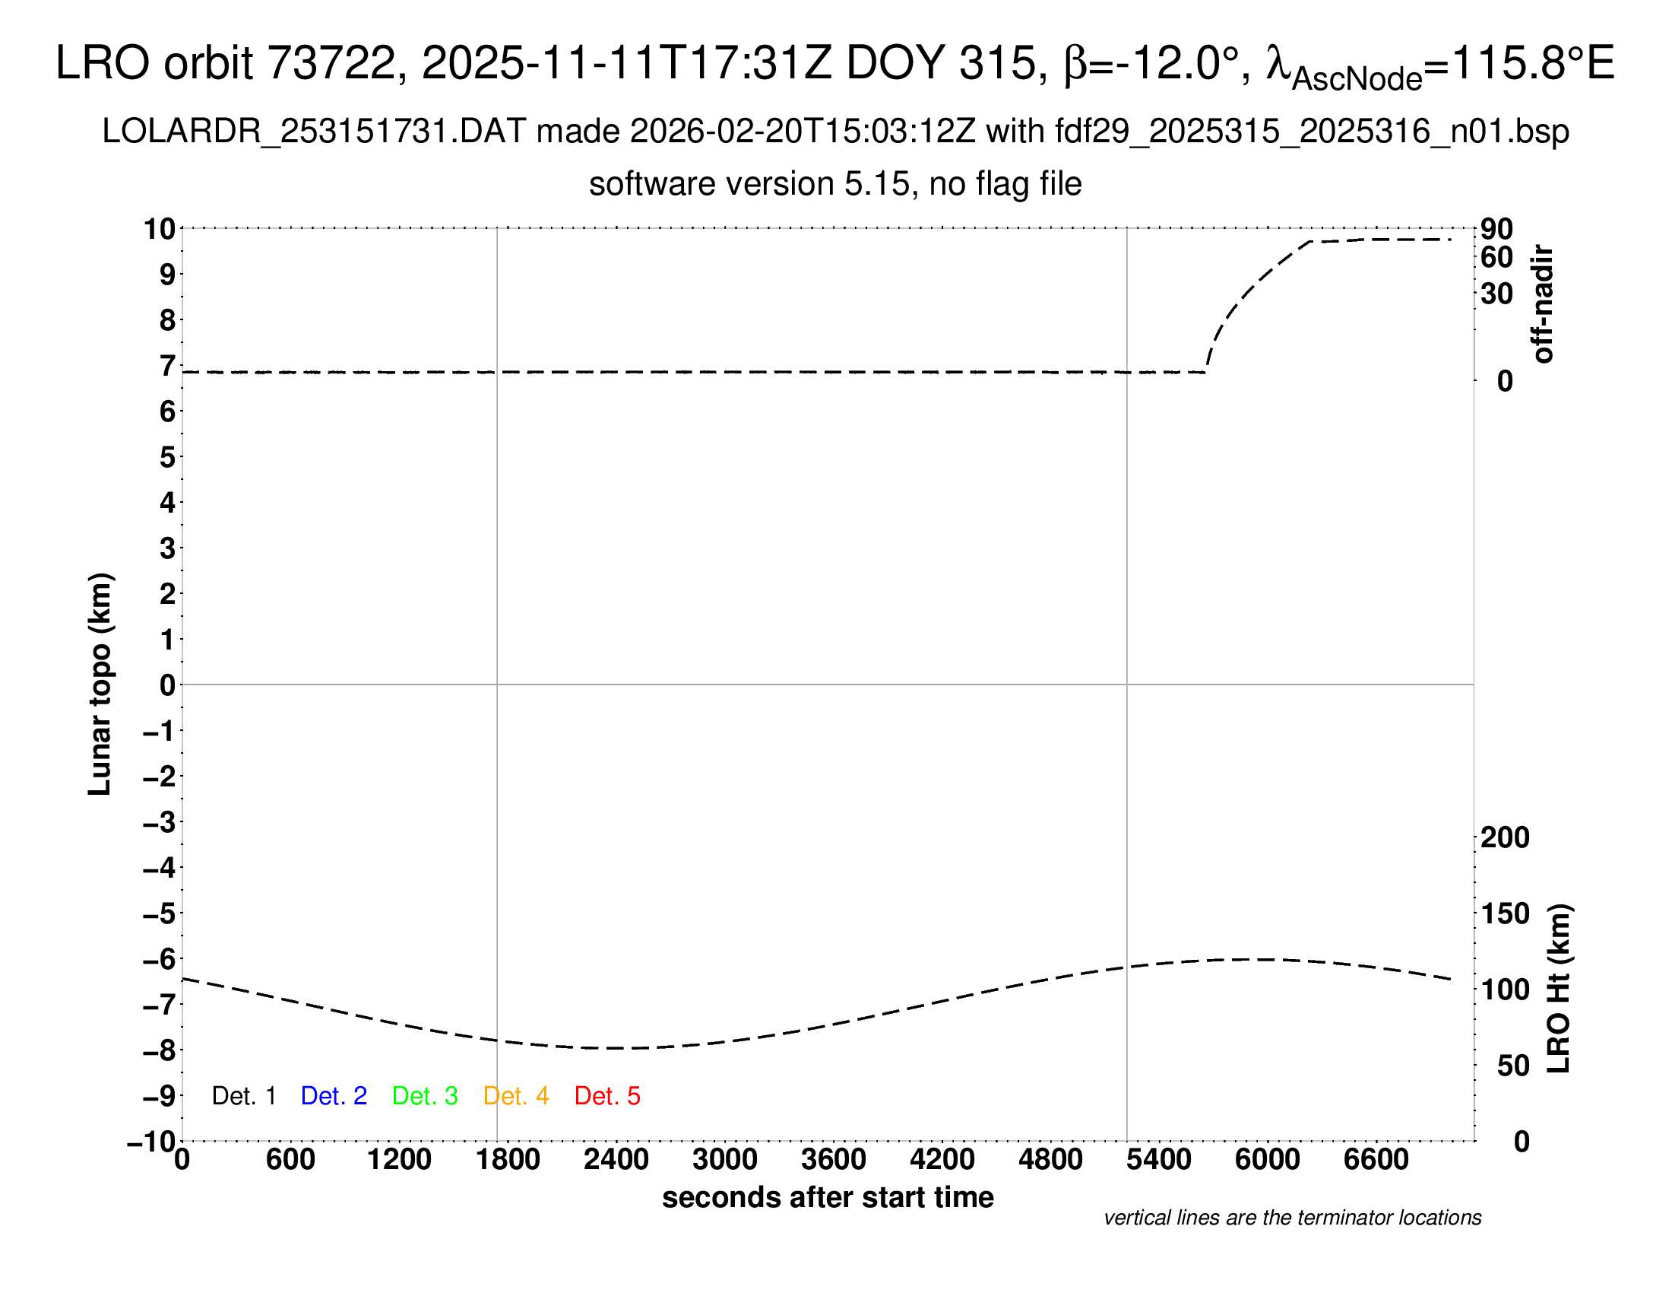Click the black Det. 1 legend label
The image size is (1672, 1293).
[x=243, y=1096]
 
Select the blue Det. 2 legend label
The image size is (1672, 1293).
[x=334, y=1096]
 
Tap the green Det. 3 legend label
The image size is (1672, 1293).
[x=425, y=1096]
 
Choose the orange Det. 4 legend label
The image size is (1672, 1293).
[x=516, y=1096]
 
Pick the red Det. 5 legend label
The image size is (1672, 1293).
[x=607, y=1096]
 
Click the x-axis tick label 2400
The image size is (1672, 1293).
[x=616, y=1160]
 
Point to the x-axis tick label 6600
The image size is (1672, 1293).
[x=1376, y=1160]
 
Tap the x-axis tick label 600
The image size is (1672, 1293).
[x=290, y=1160]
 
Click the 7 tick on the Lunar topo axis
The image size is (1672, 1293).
[x=167, y=366]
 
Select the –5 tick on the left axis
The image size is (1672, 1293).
[x=159, y=913]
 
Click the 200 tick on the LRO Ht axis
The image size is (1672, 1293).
[x=1505, y=837]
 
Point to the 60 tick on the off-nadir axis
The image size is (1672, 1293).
[x=1496, y=257]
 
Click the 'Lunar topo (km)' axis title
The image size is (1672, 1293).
[x=100, y=684]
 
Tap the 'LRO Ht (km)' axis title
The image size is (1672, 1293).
[x=1559, y=988]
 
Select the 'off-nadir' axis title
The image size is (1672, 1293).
[x=1543, y=304]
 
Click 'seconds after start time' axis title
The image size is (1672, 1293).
[x=828, y=1197]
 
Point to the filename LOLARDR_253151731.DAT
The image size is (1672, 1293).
[x=314, y=132]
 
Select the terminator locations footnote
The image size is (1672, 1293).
[x=1292, y=1218]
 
